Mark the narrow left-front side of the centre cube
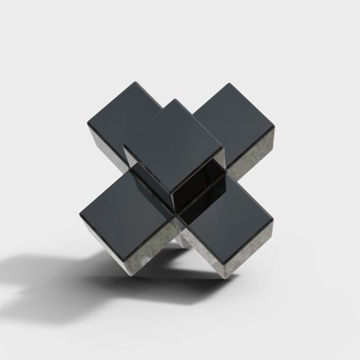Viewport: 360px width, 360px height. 147,174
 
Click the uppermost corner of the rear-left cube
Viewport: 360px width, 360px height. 137,80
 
